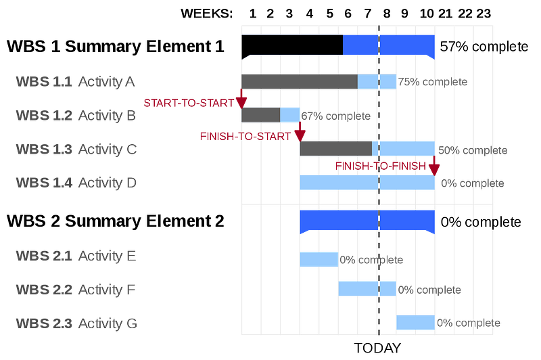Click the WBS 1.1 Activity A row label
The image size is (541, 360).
76,83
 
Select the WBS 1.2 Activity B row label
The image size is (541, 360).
76,116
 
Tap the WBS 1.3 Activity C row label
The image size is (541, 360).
76,150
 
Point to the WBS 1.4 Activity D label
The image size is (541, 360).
76,182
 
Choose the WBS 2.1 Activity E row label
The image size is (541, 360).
76,256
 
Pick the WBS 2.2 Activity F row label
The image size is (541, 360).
76,290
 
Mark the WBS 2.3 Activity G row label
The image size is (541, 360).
76,323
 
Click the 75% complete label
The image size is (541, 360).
433,83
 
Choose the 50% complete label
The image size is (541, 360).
473,150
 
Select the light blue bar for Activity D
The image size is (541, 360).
367,182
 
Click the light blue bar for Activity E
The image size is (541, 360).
319,258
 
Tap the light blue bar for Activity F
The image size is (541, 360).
367,289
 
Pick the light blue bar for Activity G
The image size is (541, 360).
415,322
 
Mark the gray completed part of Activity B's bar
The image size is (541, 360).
260,115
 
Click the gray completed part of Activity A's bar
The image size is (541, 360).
299,82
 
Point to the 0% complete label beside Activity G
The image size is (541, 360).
469,323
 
